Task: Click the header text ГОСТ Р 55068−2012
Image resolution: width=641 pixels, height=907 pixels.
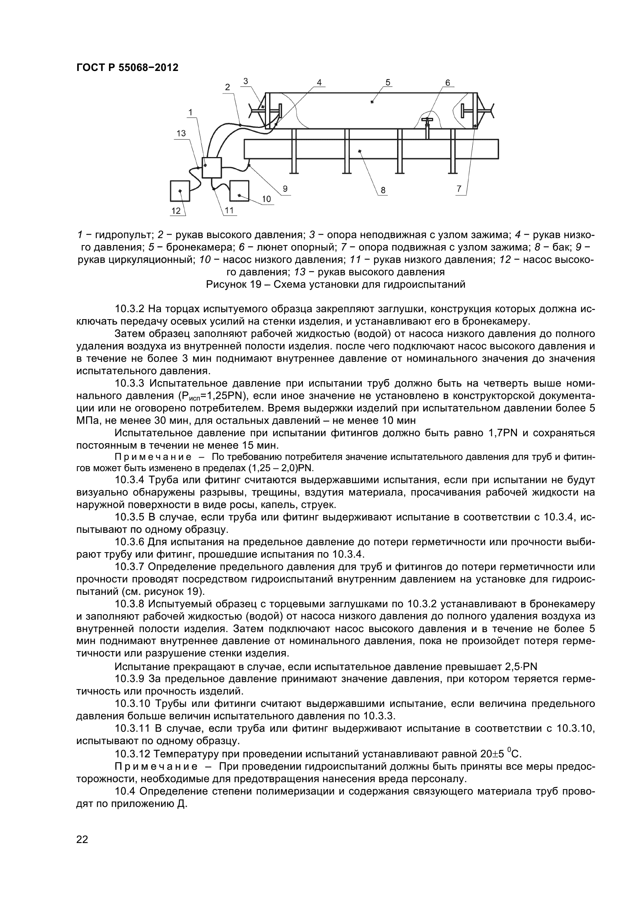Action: coord(127,67)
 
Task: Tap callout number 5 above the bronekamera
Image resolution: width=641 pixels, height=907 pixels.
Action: coord(388,82)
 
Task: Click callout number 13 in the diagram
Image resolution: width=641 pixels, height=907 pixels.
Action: coord(181,133)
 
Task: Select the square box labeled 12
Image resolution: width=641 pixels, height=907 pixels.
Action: coord(180,191)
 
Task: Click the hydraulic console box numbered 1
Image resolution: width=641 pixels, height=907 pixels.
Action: coord(212,168)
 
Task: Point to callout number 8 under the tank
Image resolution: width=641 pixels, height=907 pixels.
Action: coord(383,190)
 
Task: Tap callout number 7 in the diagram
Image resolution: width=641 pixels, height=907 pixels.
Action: coord(458,189)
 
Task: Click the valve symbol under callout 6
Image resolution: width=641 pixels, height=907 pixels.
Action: coord(427,121)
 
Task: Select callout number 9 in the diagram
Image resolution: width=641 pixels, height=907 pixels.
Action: coord(285,189)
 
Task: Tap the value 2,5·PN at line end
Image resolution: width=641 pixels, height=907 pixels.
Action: coord(521,667)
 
